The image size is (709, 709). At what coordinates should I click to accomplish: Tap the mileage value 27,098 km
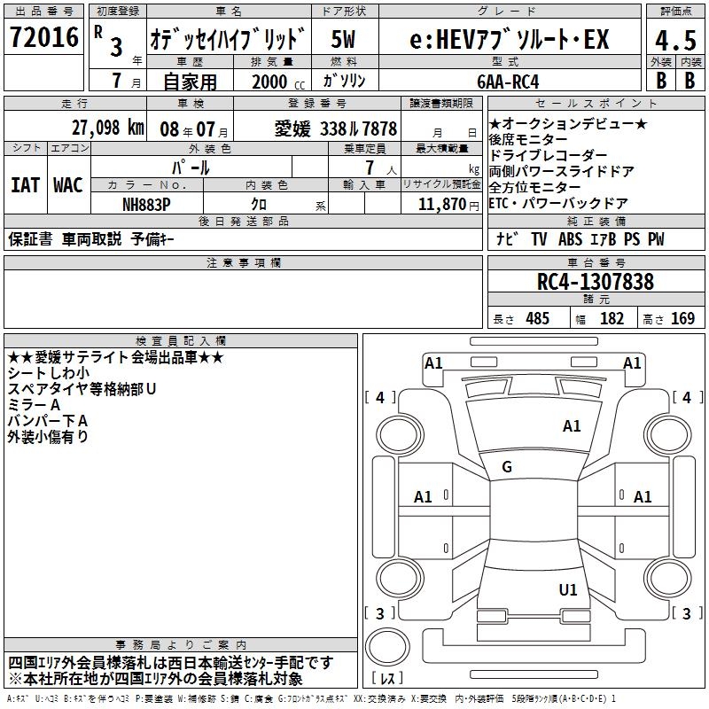pyautogui.click(x=107, y=128)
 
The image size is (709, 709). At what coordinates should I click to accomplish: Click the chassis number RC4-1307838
pyautogui.click(x=596, y=282)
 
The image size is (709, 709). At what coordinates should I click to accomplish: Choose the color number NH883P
pyautogui.click(x=146, y=204)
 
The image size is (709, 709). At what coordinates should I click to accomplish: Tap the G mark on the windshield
pyautogui.click(x=507, y=466)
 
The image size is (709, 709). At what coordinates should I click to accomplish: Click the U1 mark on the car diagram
pyautogui.click(x=568, y=589)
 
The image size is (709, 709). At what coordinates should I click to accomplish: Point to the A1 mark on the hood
pyautogui.click(x=572, y=426)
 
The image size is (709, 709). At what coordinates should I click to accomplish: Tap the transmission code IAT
pyautogui.click(x=25, y=185)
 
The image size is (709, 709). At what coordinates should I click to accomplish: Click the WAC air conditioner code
pyautogui.click(x=67, y=185)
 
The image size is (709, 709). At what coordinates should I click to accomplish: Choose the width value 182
pyautogui.click(x=612, y=319)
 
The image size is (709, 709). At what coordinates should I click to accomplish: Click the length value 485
pyautogui.click(x=536, y=319)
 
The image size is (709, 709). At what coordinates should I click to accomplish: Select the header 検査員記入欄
pyautogui.click(x=181, y=340)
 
